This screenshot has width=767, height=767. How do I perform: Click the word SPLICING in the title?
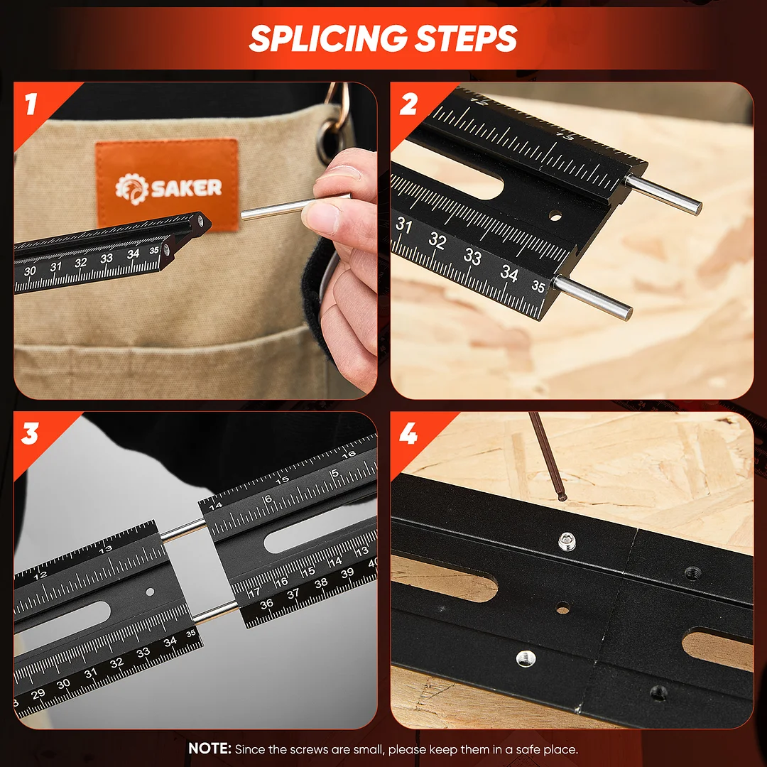(328, 38)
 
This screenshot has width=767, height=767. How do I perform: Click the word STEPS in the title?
(466, 38)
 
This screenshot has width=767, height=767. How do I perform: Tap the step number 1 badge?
(31, 104)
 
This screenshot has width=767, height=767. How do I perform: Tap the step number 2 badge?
(408, 104)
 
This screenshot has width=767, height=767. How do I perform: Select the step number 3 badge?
(30, 433)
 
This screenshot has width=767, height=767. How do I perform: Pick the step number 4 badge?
(408, 433)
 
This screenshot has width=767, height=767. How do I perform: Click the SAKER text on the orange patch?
(186, 187)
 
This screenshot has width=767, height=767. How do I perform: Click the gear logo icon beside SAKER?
(131, 188)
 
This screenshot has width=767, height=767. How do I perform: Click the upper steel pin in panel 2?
(663, 194)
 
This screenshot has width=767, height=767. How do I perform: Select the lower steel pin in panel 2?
(592, 297)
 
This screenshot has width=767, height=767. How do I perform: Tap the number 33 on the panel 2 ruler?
(472, 256)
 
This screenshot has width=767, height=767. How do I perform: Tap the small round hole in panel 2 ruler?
(555, 215)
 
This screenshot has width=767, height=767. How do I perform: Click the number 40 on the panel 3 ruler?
(373, 563)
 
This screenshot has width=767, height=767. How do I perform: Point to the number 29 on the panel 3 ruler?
(38, 693)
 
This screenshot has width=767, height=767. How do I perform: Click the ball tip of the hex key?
(562, 497)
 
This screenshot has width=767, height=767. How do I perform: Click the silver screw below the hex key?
(567, 541)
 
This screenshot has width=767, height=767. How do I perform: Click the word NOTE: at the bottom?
(210, 749)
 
